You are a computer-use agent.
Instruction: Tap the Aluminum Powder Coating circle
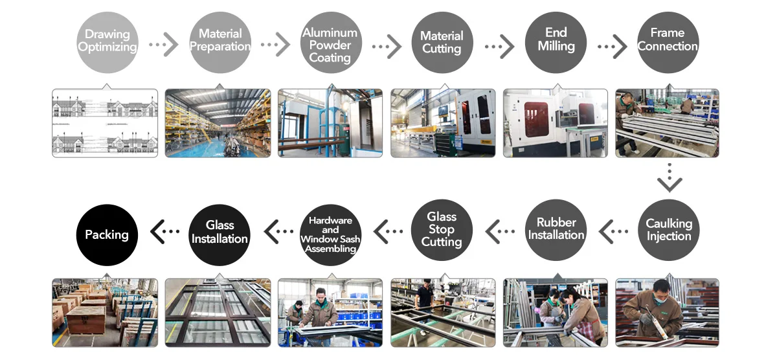click(330, 43)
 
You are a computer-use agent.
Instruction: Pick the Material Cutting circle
click(442, 43)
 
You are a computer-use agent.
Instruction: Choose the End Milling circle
click(556, 41)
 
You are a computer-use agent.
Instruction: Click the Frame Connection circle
click(668, 41)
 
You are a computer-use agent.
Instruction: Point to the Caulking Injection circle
click(669, 231)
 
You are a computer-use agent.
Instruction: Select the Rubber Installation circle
click(556, 231)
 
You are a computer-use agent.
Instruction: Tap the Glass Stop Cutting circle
click(442, 231)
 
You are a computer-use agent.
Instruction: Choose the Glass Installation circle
click(220, 233)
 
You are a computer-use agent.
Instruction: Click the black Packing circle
click(107, 234)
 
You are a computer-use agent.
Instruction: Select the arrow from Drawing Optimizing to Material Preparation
click(164, 45)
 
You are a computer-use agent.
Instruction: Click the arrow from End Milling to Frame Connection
click(613, 47)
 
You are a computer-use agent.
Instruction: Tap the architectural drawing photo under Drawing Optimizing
click(105, 123)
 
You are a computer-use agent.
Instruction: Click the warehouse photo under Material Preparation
click(218, 123)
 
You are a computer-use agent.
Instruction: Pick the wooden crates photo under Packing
click(105, 313)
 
